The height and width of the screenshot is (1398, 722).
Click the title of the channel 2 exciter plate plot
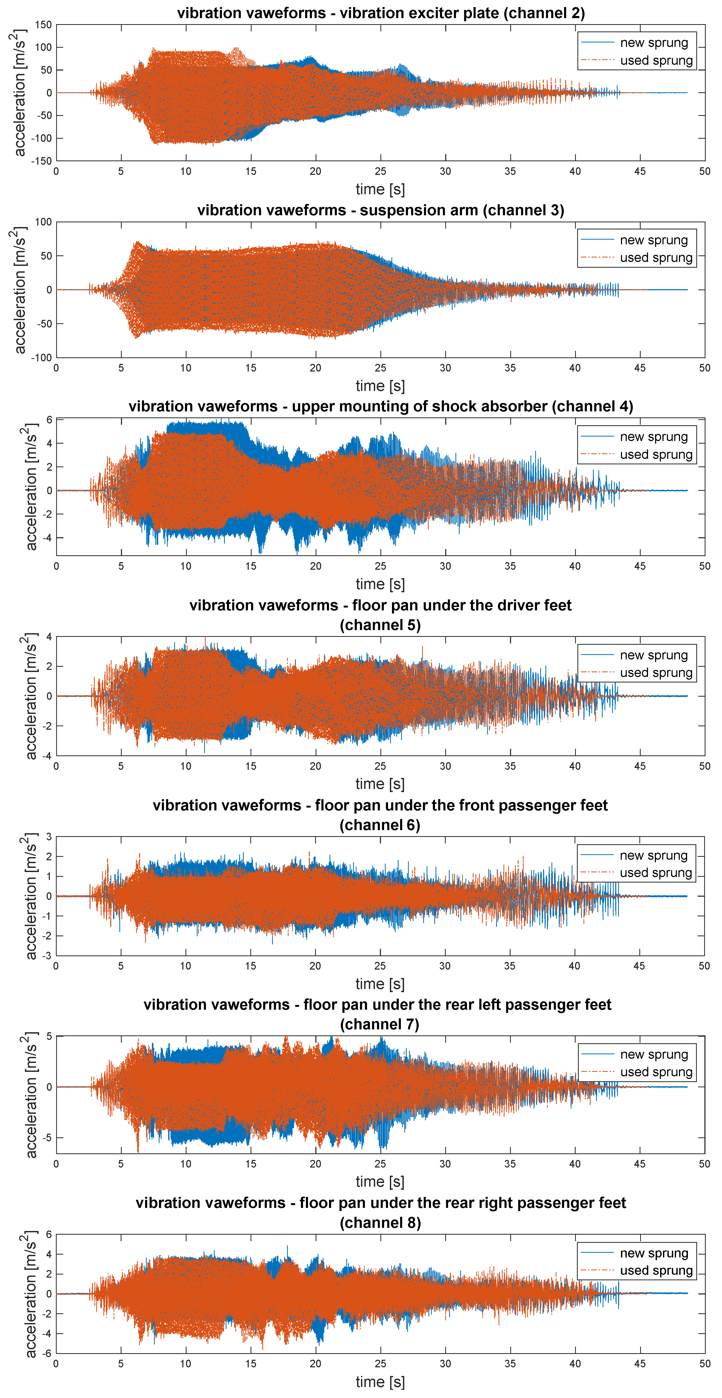tap(380, 13)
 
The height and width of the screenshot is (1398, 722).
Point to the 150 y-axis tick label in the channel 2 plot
tap(44, 25)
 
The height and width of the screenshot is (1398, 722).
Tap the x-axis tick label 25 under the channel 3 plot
tap(380, 368)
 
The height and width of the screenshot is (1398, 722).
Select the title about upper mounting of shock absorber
tap(380, 406)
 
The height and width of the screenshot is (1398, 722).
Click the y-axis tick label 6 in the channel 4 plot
tap(49, 420)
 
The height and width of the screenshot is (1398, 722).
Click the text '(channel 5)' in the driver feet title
tap(380, 625)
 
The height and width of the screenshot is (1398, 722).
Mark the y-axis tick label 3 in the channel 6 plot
tap(49, 837)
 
